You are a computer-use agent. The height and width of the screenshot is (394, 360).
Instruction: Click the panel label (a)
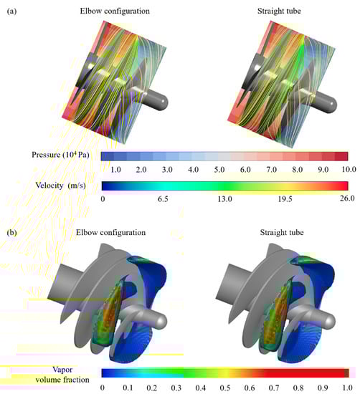(11, 11)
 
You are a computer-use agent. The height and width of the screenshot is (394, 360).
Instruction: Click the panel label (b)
(11, 233)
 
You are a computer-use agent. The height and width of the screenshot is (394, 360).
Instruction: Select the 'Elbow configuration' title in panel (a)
(115, 11)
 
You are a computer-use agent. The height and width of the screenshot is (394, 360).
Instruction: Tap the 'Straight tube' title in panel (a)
(279, 11)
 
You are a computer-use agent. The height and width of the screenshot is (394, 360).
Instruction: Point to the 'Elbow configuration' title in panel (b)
(110, 232)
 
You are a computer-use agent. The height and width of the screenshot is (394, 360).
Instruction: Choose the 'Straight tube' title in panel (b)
(282, 232)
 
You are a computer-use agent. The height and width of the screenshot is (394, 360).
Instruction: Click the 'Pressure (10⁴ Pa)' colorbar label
(60, 155)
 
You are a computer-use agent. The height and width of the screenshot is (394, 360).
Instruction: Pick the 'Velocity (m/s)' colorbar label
(61, 186)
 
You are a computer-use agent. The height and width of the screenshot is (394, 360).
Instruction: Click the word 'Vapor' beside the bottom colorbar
(62, 370)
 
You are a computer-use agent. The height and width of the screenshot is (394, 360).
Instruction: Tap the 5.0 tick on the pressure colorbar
(219, 170)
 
